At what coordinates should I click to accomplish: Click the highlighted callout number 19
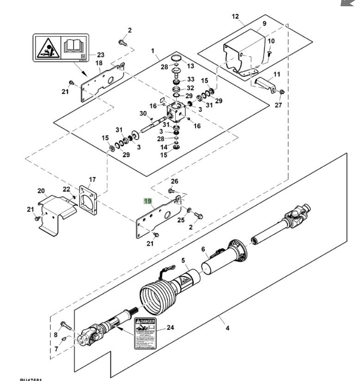[x=148, y=201]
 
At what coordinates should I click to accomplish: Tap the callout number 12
[x=235, y=17]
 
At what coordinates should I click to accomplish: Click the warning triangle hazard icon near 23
[x=47, y=47]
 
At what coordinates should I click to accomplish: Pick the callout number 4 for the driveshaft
[x=227, y=329]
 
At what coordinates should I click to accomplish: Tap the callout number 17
[x=92, y=179]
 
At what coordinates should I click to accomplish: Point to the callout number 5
[x=183, y=261]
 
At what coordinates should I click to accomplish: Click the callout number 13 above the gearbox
[x=190, y=67]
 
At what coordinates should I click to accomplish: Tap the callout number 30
[x=143, y=113]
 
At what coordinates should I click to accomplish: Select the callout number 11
[x=277, y=74]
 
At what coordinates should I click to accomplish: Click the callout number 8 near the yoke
[x=56, y=335]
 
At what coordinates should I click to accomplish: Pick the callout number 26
[x=174, y=181]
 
